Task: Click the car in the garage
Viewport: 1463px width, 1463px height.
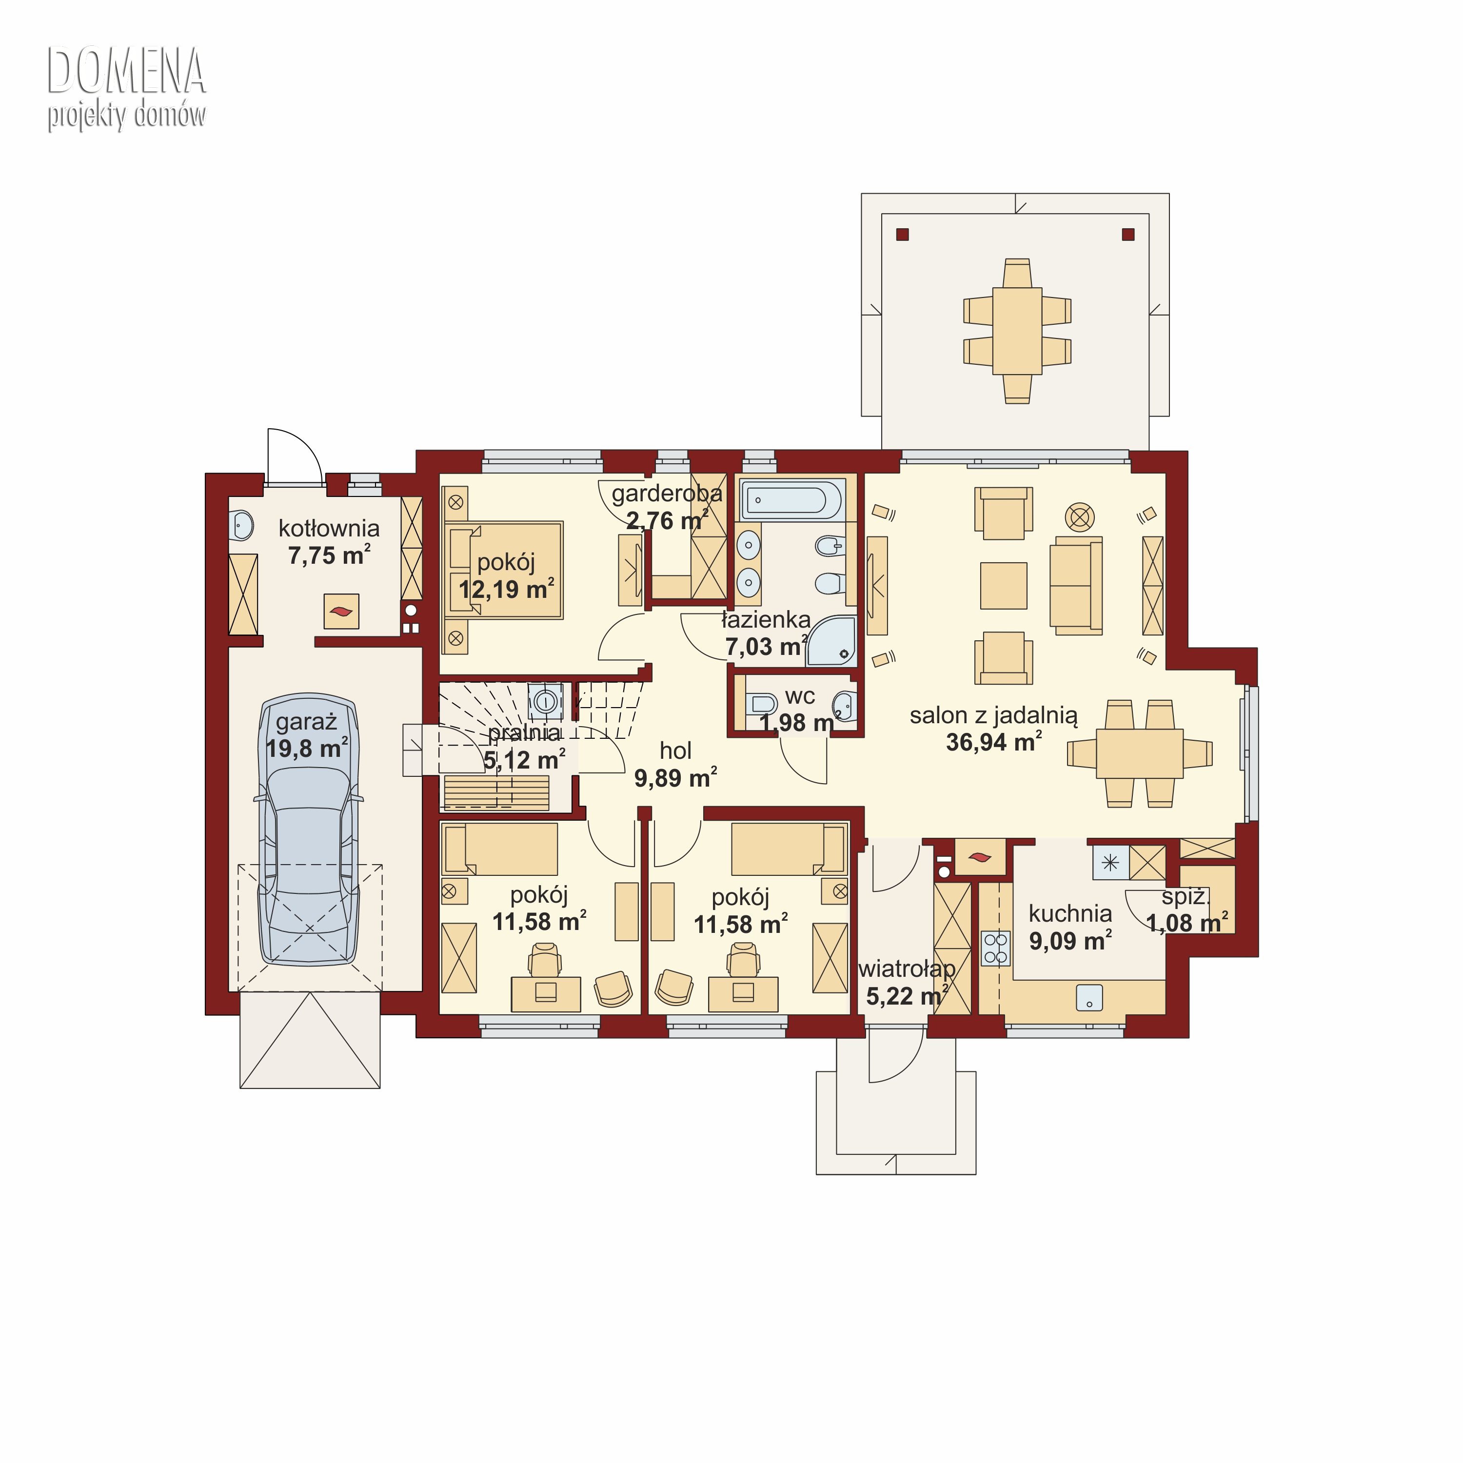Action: pyautogui.click(x=309, y=829)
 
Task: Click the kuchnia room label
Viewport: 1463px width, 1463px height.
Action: pyautogui.click(x=1070, y=914)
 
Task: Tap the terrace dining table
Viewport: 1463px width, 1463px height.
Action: pyautogui.click(x=1017, y=331)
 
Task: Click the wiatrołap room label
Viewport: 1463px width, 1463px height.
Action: pyautogui.click(x=907, y=969)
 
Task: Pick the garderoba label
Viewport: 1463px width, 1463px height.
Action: pyautogui.click(x=666, y=494)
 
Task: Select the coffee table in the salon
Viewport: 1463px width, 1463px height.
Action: pyautogui.click(x=1003, y=585)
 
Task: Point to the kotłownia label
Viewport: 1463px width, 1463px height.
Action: pyautogui.click(x=329, y=528)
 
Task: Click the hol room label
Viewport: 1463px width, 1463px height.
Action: pyautogui.click(x=675, y=751)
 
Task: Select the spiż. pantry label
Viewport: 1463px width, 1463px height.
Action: pyautogui.click(x=1185, y=897)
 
